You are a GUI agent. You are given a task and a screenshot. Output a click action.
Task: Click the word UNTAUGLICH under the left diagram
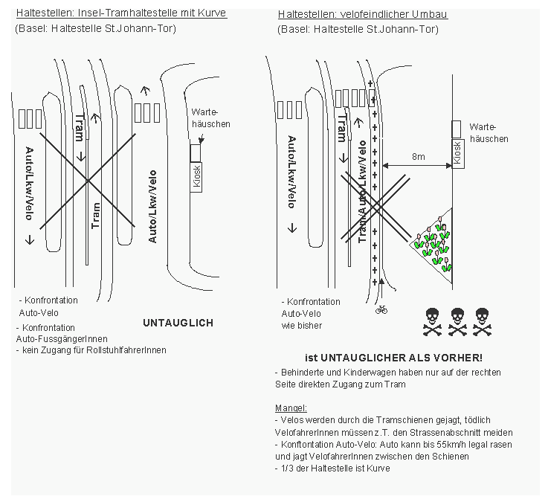[178, 323]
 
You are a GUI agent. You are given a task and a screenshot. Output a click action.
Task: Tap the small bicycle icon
[382, 309]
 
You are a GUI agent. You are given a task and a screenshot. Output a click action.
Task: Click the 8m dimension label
[418, 156]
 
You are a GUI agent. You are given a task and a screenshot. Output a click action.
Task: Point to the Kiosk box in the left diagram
[196, 177]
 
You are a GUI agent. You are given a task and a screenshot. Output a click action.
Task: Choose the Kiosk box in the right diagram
[457, 153]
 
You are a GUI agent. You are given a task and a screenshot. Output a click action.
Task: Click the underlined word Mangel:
[291, 408]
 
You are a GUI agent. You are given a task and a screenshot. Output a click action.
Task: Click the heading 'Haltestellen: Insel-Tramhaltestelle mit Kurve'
[121, 13]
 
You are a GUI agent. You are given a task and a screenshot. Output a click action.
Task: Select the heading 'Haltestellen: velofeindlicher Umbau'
[363, 14]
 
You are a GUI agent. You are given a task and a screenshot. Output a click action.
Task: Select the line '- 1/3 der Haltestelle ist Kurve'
[332, 468]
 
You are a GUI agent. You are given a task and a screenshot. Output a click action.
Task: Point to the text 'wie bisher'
[302, 325]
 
